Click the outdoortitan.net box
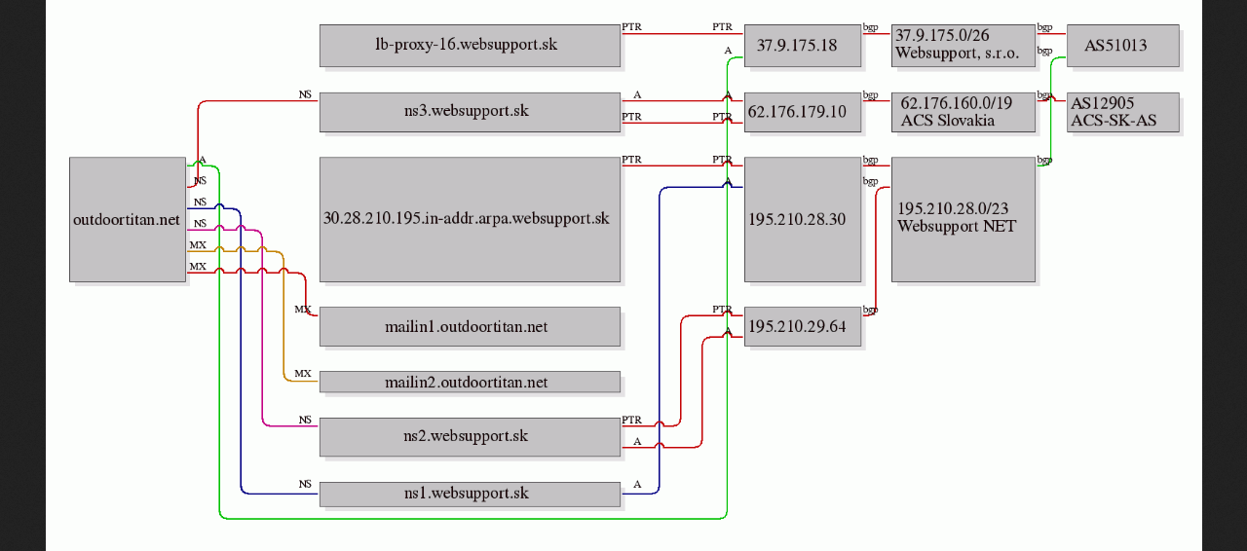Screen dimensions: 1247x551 click(128, 219)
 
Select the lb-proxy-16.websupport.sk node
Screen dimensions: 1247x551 click(470, 46)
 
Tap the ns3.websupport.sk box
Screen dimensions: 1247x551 click(470, 112)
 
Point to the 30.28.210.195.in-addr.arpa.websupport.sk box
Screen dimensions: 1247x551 click(470, 219)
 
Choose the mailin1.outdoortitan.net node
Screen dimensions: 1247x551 click(470, 327)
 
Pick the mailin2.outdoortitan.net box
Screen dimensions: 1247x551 click(470, 382)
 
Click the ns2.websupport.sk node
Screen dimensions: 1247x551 click(470, 437)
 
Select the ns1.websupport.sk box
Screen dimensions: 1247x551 click(470, 495)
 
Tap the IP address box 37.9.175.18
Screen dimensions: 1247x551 click(803, 46)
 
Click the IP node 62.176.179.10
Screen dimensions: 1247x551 click(803, 112)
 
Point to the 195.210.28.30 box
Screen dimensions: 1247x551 click(803, 219)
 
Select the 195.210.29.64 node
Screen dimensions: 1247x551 click(803, 327)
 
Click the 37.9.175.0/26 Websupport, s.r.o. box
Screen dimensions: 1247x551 click(964, 46)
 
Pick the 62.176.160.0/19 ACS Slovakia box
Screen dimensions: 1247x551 click(964, 112)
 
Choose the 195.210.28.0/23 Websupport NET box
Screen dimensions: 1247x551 click(964, 219)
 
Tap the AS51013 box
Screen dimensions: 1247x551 click(1123, 46)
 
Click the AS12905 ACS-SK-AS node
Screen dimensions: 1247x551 click(1123, 112)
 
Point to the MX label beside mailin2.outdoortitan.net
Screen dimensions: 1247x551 click(303, 374)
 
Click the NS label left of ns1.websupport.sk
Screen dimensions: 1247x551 click(305, 484)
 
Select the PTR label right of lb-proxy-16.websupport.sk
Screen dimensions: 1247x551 click(632, 26)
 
